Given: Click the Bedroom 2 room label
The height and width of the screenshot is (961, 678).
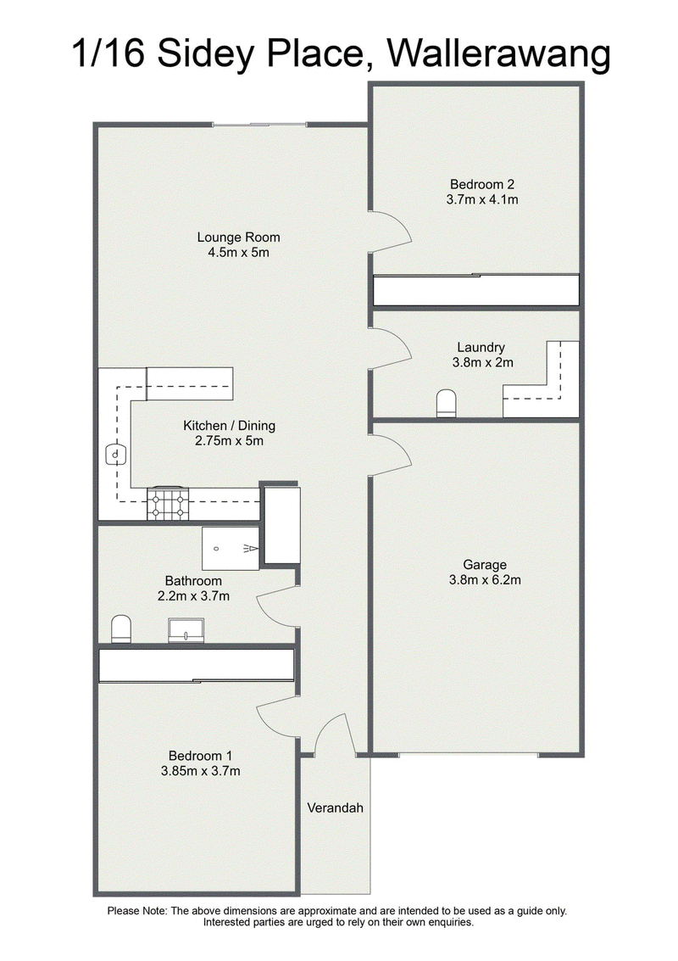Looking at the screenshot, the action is (x=482, y=184).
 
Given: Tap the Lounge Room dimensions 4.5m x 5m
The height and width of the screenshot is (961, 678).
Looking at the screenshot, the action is (x=238, y=253).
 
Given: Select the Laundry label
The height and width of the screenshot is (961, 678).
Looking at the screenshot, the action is (x=481, y=348).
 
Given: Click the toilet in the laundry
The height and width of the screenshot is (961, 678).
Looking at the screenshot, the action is (x=447, y=403).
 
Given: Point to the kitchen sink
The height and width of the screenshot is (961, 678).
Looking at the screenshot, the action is (x=116, y=455).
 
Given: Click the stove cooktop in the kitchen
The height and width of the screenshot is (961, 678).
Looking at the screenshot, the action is (x=168, y=503).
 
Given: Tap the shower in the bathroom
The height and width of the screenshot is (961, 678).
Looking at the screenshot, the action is (x=231, y=549).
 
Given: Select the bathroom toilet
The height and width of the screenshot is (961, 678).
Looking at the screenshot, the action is (x=121, y=629).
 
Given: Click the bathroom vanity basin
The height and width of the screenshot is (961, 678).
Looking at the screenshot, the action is (x=186, y=631).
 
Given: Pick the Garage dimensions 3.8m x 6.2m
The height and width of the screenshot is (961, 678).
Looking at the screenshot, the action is (x=485, y=580).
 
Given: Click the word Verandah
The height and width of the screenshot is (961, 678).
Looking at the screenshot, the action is (x=335, y=807).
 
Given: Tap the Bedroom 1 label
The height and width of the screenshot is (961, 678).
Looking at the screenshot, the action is (x=200, y=757).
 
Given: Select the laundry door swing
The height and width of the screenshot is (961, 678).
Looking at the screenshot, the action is (x=390, y=348).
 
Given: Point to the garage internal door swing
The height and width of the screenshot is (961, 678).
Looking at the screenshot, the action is (x=390, y=455).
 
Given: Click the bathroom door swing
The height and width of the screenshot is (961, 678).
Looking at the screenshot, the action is (x=277, y=606).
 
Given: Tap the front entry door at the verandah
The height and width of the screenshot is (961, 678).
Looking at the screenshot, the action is (x=335, y=733).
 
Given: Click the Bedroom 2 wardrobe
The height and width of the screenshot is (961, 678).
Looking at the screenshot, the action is (x=476, y=290).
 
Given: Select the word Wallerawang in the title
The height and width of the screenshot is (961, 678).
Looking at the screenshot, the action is (x=499, y=54).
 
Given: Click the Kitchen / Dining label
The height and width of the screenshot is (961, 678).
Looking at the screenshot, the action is (x=229, y=425).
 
